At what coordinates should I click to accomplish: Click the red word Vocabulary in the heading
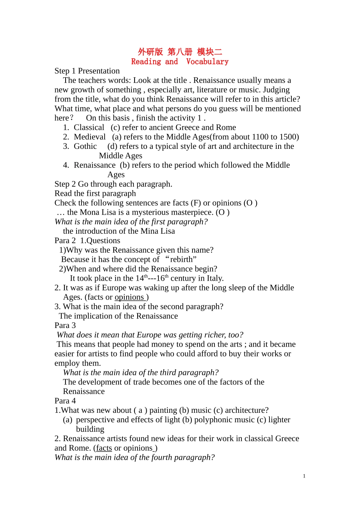207,61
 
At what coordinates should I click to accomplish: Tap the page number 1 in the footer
304,476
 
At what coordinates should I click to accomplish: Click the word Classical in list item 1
89,128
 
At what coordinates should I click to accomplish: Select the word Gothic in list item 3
85,147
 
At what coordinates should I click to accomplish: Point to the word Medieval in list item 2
90,137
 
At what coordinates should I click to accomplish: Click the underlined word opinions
129,297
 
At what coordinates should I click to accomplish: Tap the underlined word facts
104,448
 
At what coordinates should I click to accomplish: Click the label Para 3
65,325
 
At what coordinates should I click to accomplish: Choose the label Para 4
65,401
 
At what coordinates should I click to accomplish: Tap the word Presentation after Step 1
99,71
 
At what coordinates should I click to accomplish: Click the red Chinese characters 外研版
150,52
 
